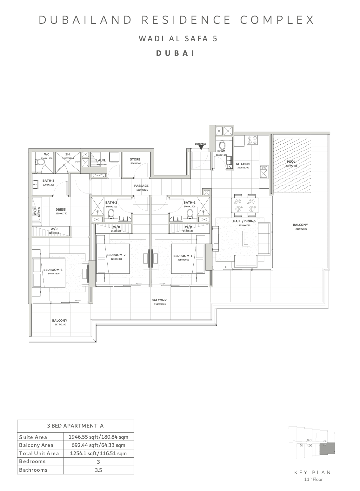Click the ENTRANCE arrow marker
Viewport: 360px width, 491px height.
point(201,147)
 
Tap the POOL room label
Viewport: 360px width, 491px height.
point(291,162)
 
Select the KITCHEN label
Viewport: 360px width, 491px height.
point(243,164)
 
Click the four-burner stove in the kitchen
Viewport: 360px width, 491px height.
point(252,140)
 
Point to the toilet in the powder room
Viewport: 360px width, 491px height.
point(223,145)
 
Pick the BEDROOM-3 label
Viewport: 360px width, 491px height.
point(53,270)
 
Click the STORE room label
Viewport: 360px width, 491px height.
point(135,160)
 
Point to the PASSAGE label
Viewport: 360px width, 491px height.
point(141,186)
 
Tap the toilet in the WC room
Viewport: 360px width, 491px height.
point(40,162)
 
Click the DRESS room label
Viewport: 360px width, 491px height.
point(61,210)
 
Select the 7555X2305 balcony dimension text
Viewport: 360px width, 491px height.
point(159,304)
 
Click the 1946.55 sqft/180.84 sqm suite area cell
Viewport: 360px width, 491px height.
point(98,437)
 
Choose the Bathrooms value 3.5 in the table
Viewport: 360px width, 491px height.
point(98,470)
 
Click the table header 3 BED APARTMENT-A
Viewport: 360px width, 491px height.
point(75,426)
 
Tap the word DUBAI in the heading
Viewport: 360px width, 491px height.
point(175,53)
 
